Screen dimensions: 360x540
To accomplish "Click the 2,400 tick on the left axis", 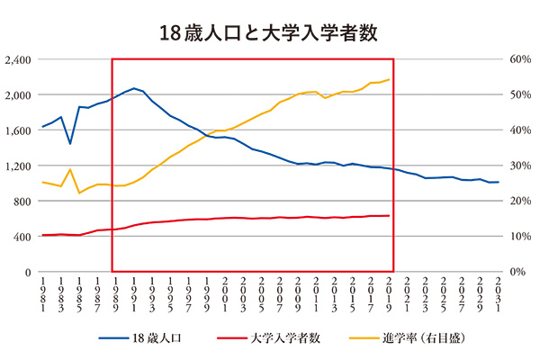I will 19,59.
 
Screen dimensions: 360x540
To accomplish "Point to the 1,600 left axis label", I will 19,130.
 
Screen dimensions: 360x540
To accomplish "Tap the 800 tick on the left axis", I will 22,201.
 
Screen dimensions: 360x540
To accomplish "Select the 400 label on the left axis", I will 22,236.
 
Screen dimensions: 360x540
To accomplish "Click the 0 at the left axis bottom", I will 29,272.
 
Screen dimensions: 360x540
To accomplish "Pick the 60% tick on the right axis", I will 521,59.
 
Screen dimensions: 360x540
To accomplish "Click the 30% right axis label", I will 521,166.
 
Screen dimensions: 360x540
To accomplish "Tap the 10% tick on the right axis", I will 521,236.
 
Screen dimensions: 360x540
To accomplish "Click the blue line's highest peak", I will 134,88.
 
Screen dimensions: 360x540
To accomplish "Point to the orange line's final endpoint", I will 389,79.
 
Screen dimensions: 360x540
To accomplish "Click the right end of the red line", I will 389,215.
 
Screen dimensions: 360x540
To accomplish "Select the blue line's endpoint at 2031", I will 498,182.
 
